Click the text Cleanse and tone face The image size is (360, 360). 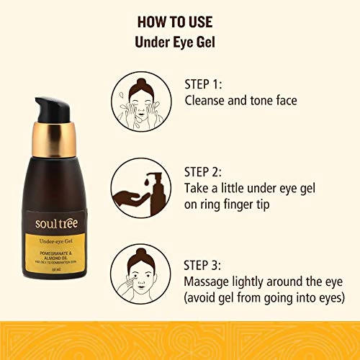(x=241, y=102)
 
